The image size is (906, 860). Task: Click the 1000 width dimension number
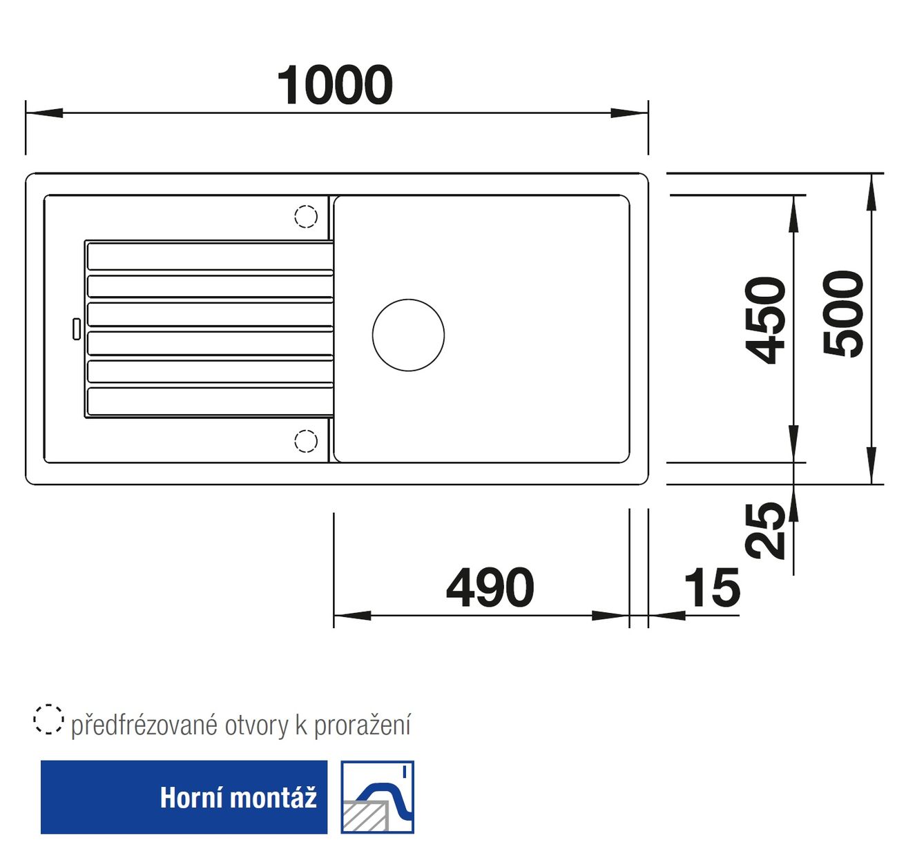tap(334, 85)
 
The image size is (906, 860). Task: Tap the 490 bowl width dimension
tap(490, 587)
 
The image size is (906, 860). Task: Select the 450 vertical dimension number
tap(764, 320)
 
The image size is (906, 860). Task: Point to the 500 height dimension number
tap(843, 314)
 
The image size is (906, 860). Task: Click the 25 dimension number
tap(764, 531)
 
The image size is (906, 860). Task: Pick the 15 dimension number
tap(712, 587)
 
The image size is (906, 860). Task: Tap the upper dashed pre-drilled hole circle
tap(306, 216)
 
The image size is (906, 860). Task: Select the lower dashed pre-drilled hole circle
tap(306, 441)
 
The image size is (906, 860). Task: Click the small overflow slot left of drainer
tap(77, 329)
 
